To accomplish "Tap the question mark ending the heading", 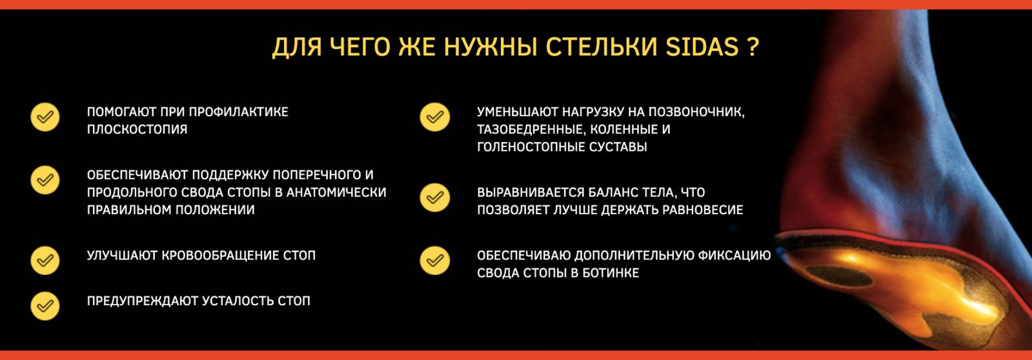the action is (x=753, y=46).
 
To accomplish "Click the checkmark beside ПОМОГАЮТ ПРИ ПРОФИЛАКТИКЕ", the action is (x=45, y=117).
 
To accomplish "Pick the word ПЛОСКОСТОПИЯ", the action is (x=137, y=130).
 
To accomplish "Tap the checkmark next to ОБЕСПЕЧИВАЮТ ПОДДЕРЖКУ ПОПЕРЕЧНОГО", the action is (x=45, y=180).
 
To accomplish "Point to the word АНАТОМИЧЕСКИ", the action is (x=336, y=192).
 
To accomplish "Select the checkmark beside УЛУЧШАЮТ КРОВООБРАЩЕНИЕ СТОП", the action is (x=45, y=261).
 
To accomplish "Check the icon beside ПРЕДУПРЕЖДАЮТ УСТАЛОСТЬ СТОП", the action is (x=45, y=306).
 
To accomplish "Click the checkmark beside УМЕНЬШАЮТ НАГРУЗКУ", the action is (x=434, y=117).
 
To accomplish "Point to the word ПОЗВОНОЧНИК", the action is (x=696, y=112).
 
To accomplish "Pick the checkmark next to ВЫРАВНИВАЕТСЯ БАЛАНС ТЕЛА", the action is (x=434, y=197).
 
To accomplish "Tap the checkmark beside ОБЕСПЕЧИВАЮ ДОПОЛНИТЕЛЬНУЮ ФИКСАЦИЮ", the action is (x=434, y=261).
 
